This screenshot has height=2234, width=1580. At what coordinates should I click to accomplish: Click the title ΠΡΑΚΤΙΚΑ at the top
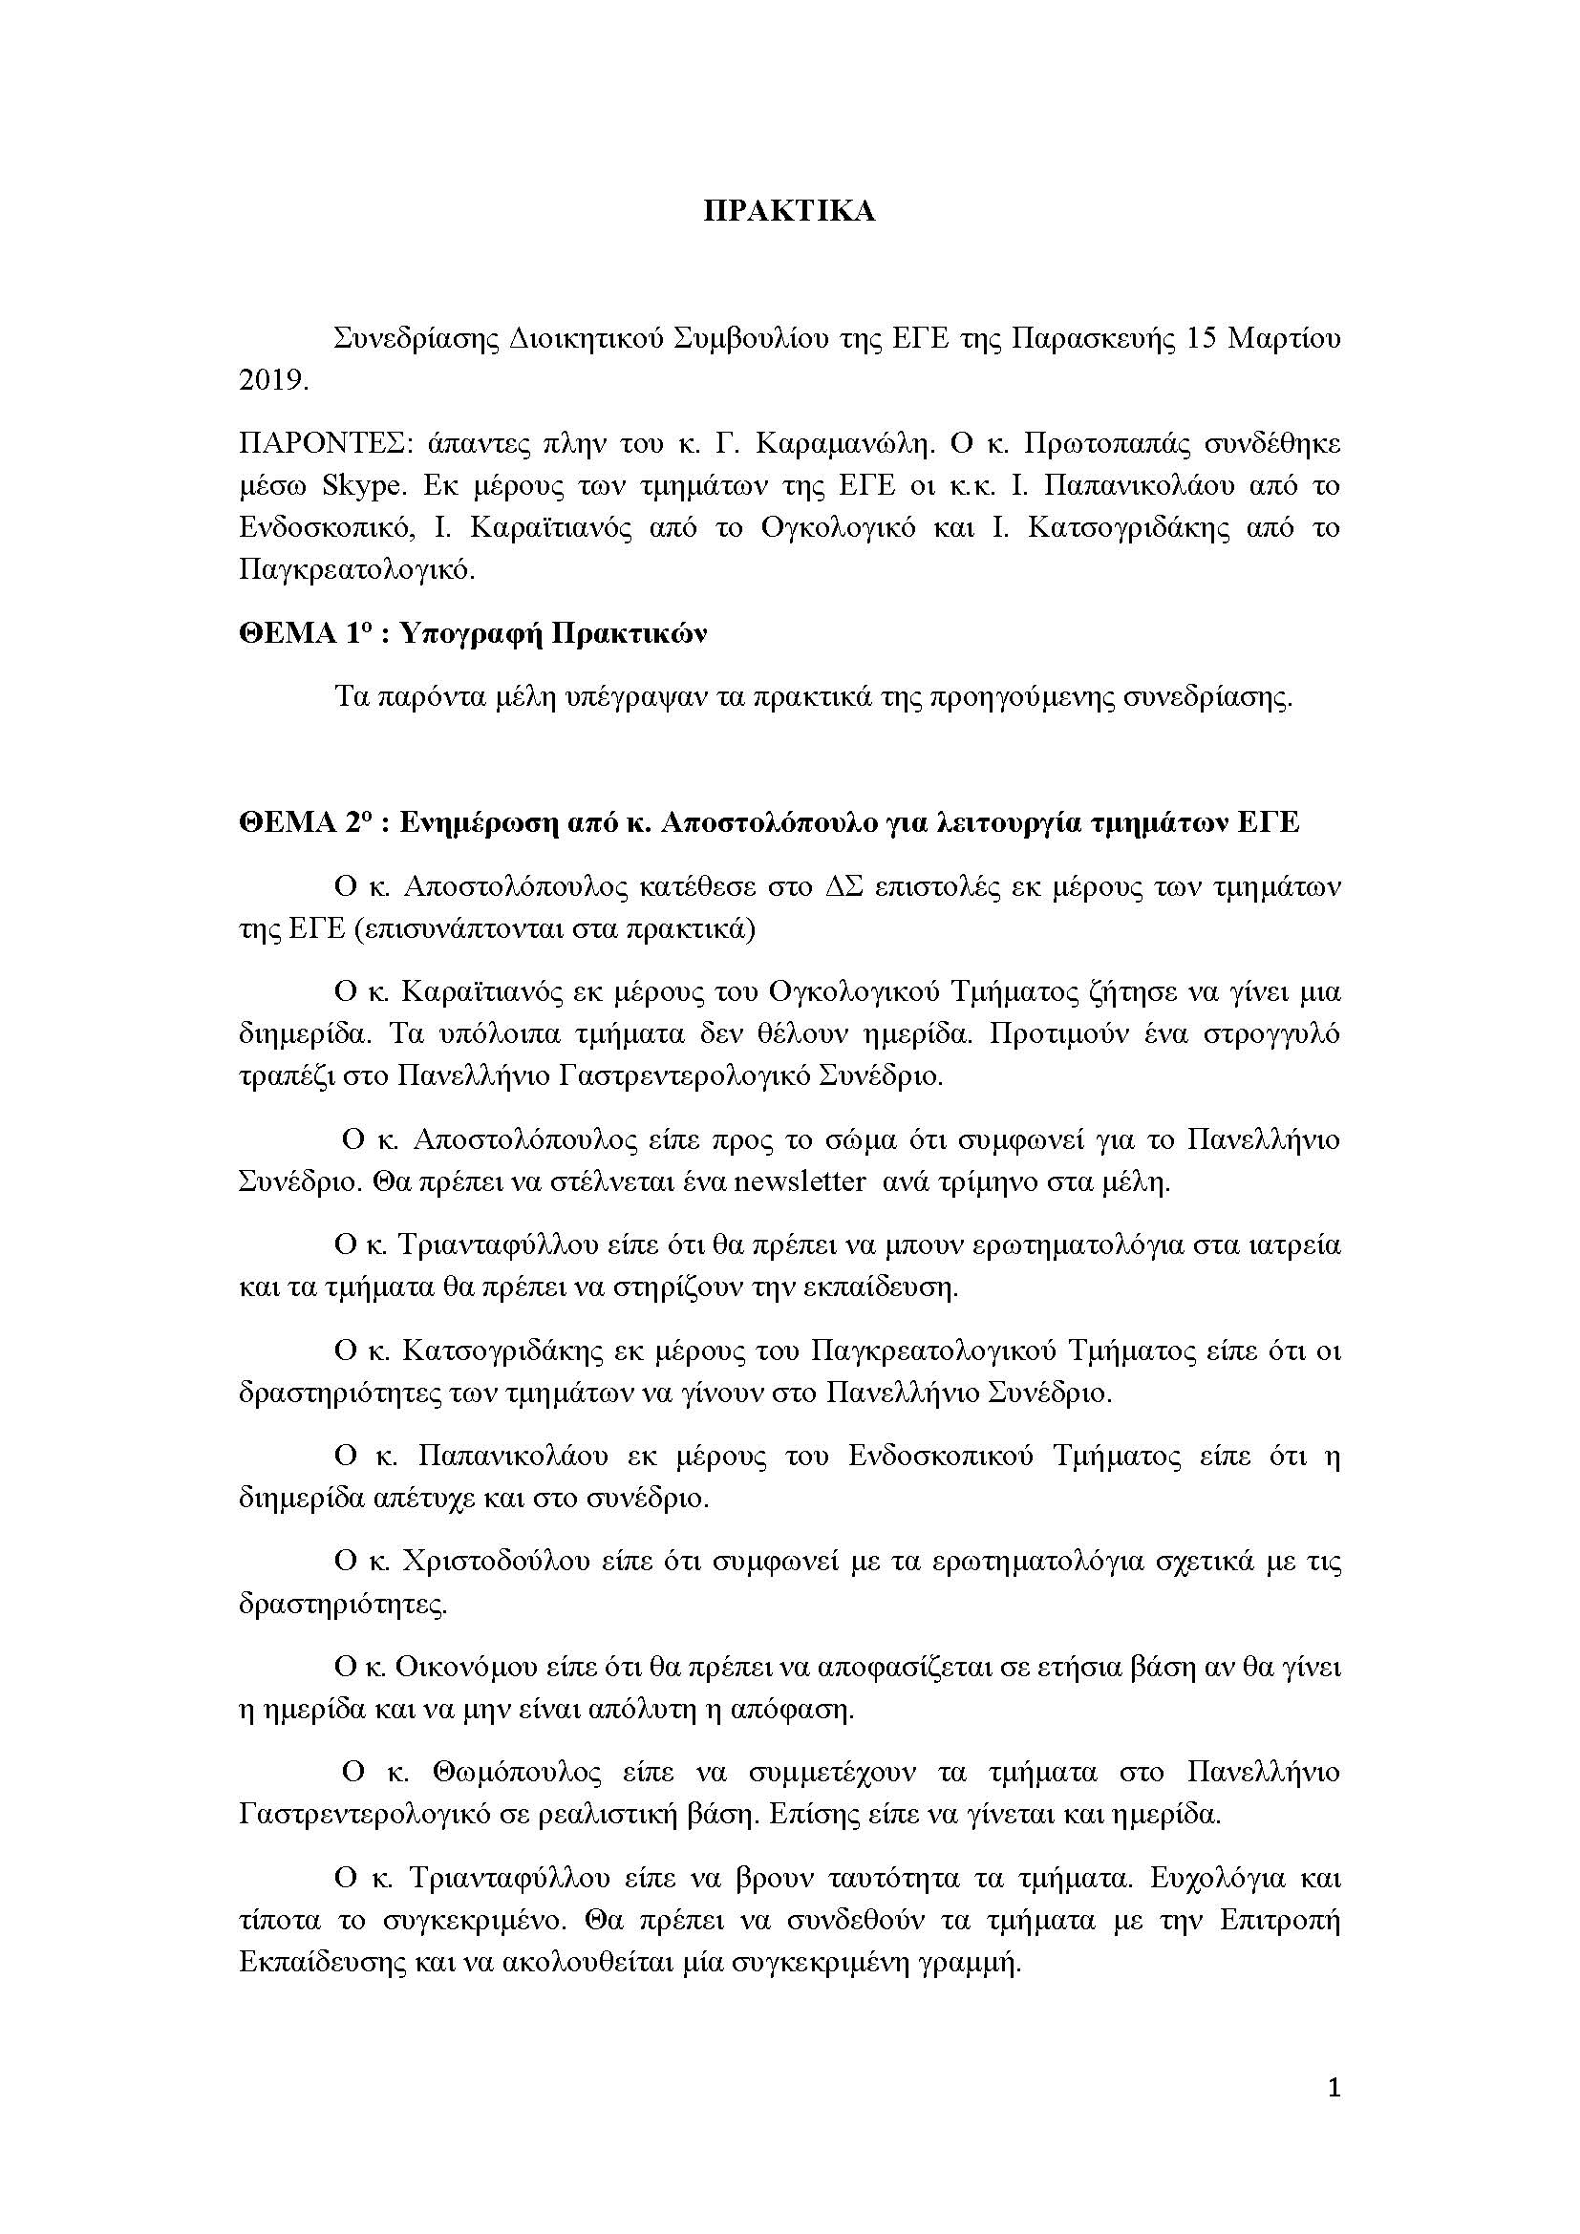(789, 212)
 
